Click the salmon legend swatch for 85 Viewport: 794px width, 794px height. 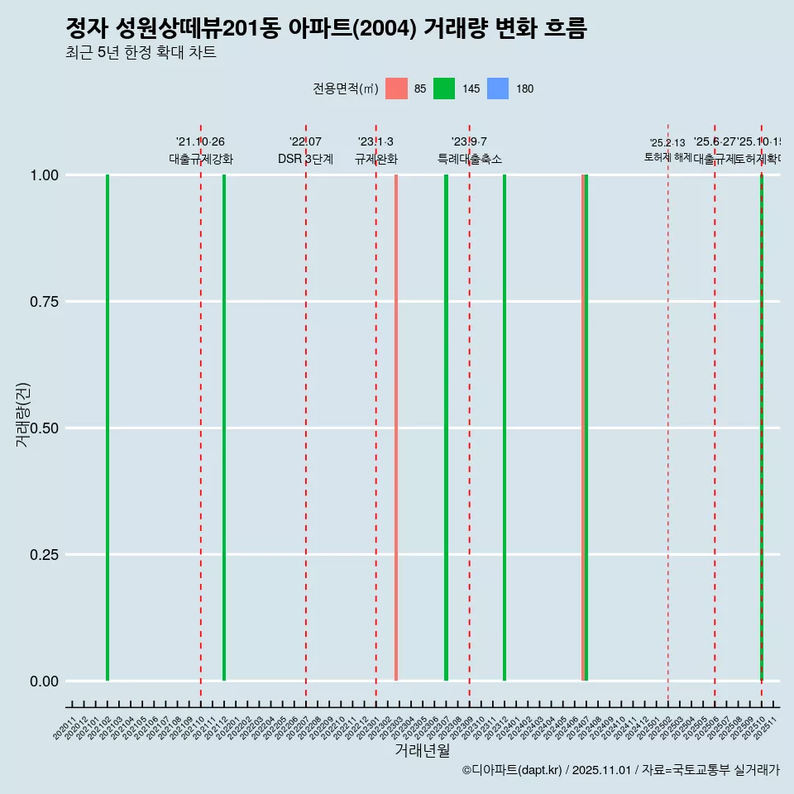point(397,88)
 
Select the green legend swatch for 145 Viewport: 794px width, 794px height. point(444,88)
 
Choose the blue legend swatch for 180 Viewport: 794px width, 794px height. point(498,88)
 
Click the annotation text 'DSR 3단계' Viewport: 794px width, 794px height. point(305,159)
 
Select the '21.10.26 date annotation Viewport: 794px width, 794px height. point(200,142)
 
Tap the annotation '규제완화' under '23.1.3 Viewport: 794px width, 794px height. point(376,159)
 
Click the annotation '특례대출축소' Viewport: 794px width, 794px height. point(470,159)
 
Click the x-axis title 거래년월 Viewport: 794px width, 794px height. point(422,751)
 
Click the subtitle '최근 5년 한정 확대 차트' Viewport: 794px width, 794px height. point(141,53)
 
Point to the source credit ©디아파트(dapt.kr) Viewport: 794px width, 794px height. point(513,770)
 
